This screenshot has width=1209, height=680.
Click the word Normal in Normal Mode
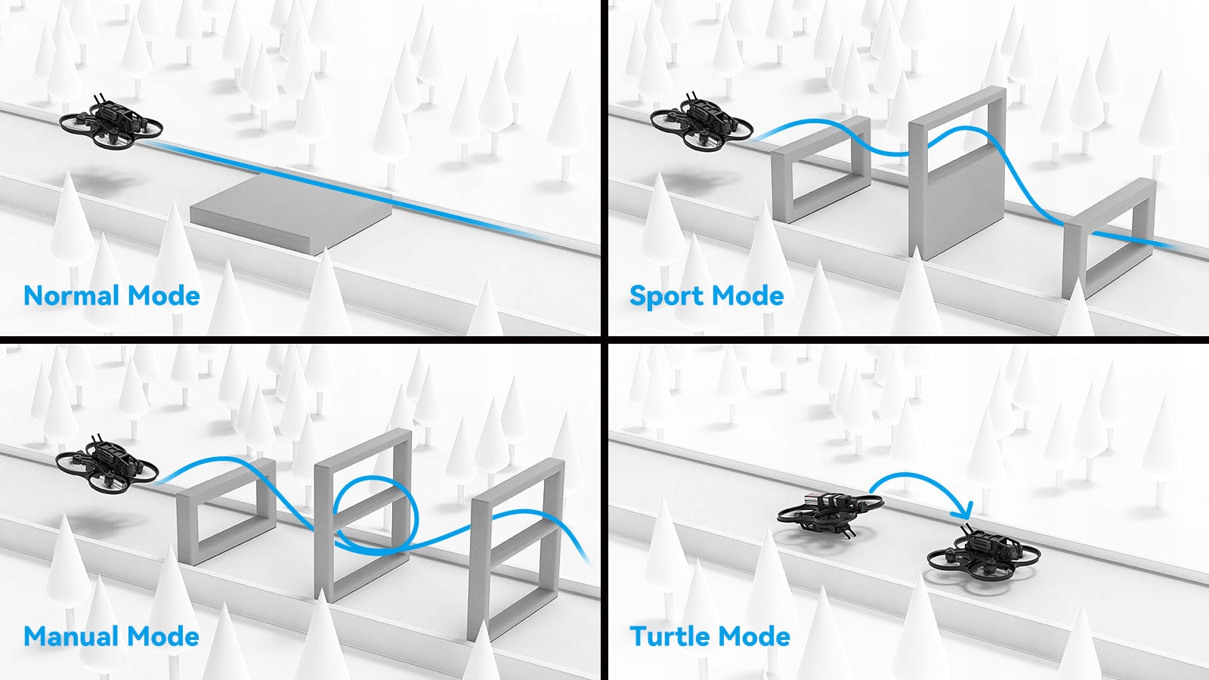(71, 295)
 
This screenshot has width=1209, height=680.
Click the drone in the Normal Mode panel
(111, 122)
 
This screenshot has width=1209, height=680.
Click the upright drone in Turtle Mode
(983, 555)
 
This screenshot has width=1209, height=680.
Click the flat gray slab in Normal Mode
(292, 212)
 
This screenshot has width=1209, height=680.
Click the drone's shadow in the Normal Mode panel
(103, 181)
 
